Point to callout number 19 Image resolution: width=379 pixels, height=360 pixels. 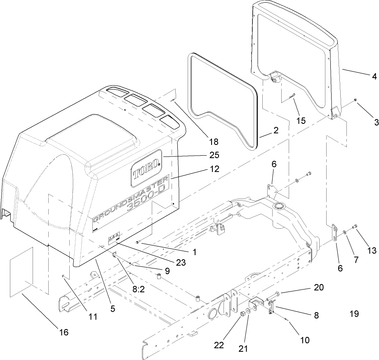pyautogui.click(x=354, y=314)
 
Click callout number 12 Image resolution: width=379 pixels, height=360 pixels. pyautogui.click(x=214, y=169)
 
